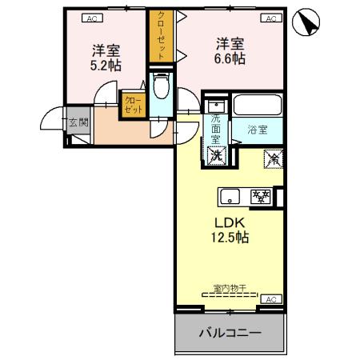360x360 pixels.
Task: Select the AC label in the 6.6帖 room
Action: click(x=270, y=18)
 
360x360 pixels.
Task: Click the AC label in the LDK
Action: click(x=270, y=299)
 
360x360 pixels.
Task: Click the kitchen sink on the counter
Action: click(x=230, y=194)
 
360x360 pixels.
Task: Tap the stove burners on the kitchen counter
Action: click(x=260, y=194)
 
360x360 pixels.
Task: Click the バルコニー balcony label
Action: click(x=230, y=333)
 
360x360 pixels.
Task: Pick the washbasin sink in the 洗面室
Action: click(x=214, y=106)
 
